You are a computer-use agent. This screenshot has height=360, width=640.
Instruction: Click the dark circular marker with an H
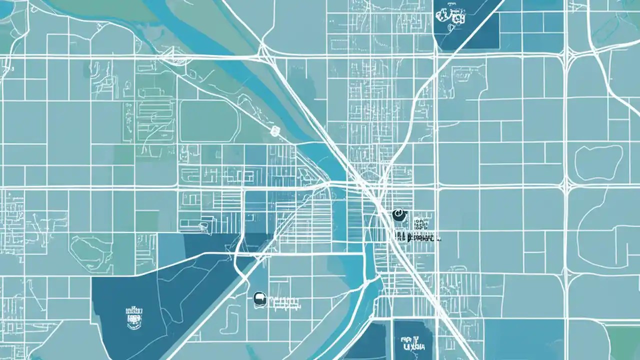click(398, 215)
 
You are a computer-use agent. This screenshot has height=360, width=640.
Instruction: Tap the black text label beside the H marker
click(417, 238)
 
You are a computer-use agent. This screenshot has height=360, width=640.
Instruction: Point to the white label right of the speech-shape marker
click(284, 301)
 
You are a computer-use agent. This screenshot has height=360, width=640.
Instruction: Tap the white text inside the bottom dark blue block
click(412, 342)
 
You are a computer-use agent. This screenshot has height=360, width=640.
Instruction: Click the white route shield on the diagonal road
click(274, 131)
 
